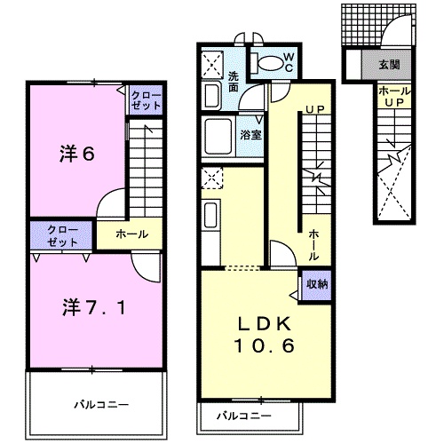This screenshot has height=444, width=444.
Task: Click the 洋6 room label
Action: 77,154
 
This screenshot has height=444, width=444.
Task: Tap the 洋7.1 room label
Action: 94,307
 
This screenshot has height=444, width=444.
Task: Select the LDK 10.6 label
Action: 265,335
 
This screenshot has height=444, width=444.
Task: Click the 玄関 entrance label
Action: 389,65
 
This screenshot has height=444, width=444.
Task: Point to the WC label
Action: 289,62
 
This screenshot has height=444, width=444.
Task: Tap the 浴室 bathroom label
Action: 250,135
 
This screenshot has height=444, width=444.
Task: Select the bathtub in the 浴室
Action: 218,136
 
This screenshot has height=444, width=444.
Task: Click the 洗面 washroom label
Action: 234,82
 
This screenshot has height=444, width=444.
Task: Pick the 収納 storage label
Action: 317,284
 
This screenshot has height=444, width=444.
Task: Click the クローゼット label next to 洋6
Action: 146,100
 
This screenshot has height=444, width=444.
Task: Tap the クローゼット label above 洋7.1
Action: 62,236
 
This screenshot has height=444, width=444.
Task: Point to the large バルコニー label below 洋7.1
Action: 101,404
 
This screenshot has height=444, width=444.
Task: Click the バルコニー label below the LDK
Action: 244,416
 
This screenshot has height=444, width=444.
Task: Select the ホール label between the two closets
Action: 132,234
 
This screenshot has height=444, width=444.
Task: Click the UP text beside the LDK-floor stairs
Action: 315,109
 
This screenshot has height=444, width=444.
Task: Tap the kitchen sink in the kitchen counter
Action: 211,216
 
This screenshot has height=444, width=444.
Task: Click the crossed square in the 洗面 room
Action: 212,65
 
